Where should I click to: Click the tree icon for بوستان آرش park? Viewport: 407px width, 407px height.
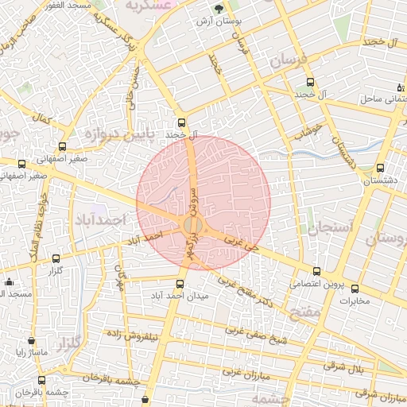(x=219, y=9)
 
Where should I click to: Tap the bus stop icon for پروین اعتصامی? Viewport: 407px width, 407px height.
(x=317, y=271)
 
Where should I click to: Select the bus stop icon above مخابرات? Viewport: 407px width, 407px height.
(x=355, y=289)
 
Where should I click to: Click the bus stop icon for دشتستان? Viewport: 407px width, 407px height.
(x=380, y=168)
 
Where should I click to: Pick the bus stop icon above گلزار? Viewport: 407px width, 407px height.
(x=55, y=258)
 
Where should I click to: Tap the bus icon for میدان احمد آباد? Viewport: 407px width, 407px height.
(x=179, y=284)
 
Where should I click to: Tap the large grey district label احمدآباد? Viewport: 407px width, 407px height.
(x=99, y=217)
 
